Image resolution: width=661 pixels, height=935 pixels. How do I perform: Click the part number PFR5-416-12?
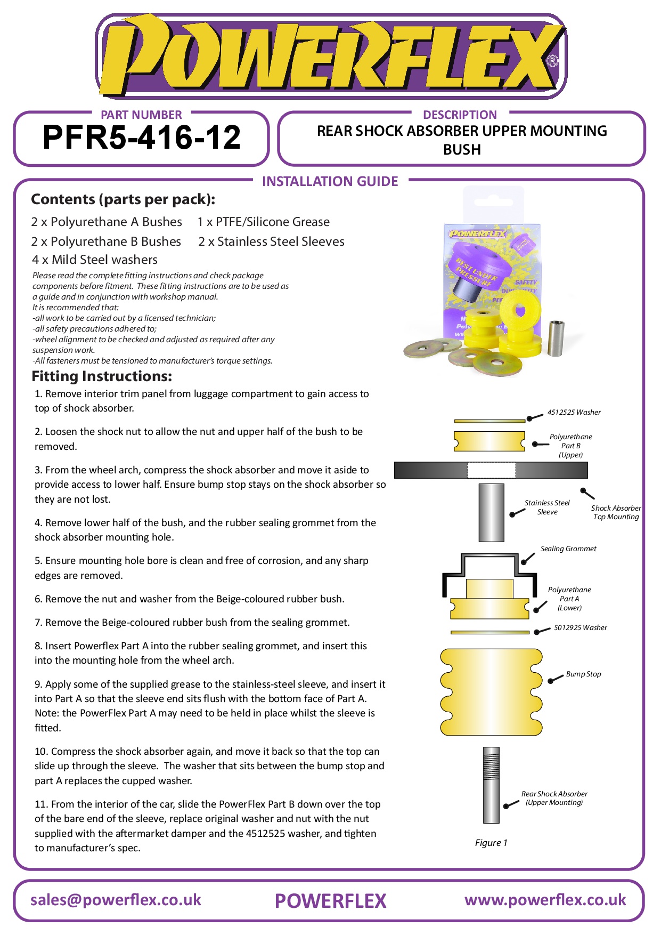(x=141, y=138)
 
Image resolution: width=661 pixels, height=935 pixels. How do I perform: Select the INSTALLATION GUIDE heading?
(x=330, y=181)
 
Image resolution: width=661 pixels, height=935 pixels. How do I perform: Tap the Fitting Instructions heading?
(x=102, y=376)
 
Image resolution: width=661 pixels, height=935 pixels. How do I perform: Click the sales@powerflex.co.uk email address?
(x=116, y=900)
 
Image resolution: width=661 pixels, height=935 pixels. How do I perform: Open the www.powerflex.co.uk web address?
(x=545, y=900)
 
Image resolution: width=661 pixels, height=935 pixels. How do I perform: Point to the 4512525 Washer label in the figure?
(x=574, y=412)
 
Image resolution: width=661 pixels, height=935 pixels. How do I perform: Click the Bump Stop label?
(x=583, y=674)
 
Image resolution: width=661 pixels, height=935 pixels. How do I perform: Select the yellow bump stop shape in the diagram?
(x=491, y=691)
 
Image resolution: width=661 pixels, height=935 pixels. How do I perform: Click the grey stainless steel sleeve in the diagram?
(x=491, y=512)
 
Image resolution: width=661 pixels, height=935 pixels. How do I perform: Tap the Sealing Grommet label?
(x=568, y=549)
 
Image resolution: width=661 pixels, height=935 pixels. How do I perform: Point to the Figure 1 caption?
(x=491, y=843)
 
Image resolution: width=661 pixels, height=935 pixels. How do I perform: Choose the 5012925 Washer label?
(x=580, y=627)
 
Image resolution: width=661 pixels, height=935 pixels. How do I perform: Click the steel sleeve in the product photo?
(x=556, y=337)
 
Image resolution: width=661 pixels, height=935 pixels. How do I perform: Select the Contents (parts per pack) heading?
(x=123, y=199)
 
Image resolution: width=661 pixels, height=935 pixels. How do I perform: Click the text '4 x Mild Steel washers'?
(x=95, y=260)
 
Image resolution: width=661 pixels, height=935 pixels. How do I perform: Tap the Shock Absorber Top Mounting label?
(x=616, y=512)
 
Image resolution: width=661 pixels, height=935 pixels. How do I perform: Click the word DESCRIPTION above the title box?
(x=460, y=115)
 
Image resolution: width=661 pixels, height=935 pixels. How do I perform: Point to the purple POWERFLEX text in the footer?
(x=330, y=901)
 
